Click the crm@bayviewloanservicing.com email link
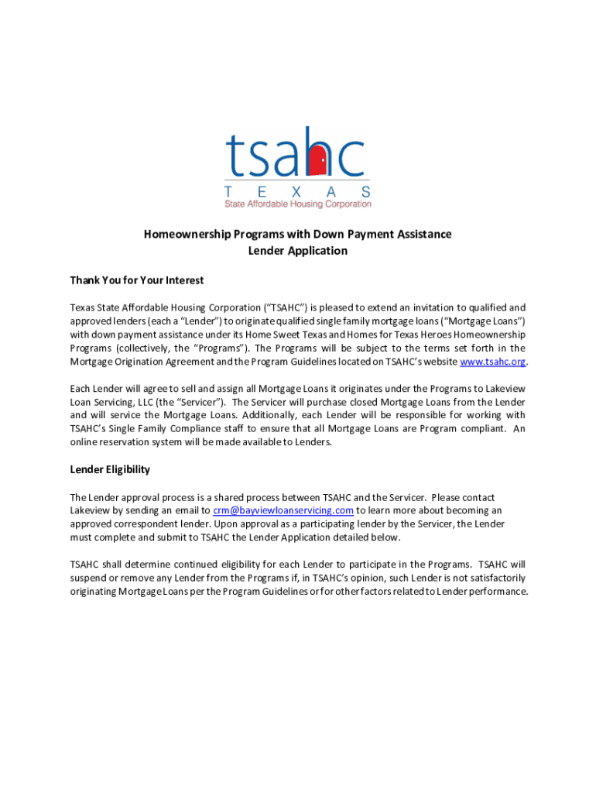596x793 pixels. tap(283, 510)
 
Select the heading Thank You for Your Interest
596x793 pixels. tap(137, 280)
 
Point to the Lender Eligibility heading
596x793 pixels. tap(110, 469)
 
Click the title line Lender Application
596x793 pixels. tap(297, 251)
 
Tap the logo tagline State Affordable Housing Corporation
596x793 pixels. tap(297, 204)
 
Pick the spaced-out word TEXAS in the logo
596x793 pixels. tap(297, 191)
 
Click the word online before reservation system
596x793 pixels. tap(86, 442)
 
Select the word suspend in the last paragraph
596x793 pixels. tap(89, 578)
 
